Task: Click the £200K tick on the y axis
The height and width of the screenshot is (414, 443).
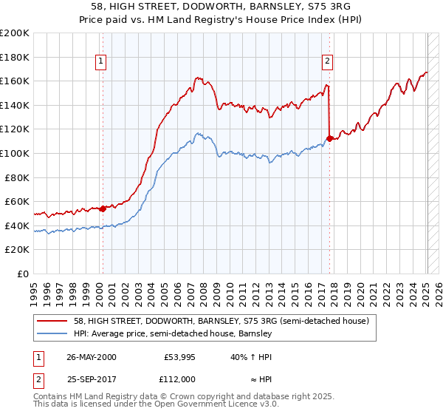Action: point(15,33)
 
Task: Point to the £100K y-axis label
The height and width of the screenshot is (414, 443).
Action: point(15,153)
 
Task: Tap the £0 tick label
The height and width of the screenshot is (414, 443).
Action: point(23,274)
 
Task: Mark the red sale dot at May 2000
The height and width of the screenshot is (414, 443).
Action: point(103,208)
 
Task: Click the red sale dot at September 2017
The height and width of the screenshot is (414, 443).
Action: point(329,138)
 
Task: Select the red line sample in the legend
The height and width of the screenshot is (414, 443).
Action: point(53,322)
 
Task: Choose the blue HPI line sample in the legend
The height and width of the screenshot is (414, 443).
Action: point(53,334)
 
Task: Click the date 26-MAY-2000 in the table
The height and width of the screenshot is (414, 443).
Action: point(92,357)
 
